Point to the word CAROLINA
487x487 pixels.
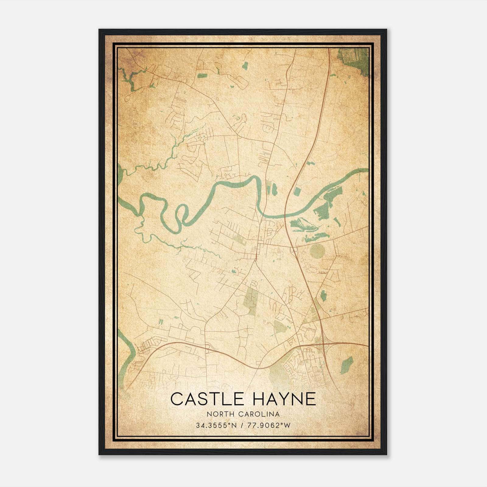tap(259, 414)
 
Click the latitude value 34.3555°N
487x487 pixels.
tap(216, 426)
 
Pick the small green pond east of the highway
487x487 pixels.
tap(324, 295)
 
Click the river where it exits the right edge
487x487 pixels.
tap(364, 171)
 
